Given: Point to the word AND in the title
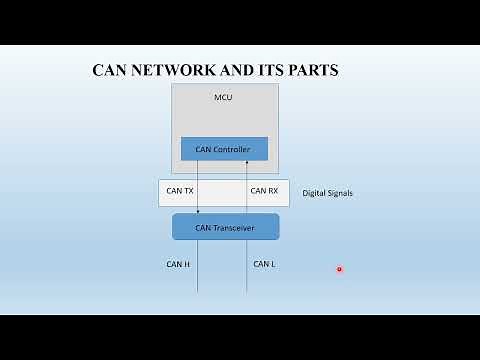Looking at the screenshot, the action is pyautogui.click(x=232, y=70).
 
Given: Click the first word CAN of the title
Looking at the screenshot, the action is pyautogui.click(x=109, y=70).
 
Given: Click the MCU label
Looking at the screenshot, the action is pyautogui.click(x=224, y=97).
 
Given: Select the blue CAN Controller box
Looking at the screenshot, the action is pyautogui.click(x=224, y=149).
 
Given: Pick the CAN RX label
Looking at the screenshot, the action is pyautogui.click(x=264, y=190).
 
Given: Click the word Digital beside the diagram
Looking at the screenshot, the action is pyautogui.click(x=316, y=193).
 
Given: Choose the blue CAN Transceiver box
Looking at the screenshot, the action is pyautogui.click(x=225, y=227).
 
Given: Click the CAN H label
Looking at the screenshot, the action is pyautogui.click(x=178, y=265).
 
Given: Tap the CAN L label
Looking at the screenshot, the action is pyautogui.click(x=263, y=265).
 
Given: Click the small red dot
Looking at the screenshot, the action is pyautogui.click(x=339, y=268).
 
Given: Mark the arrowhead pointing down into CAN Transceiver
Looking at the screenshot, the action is pyautogui.click(x=198, y=211).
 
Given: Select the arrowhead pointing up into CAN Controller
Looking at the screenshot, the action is pyautogui.click(x=246, y=163).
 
